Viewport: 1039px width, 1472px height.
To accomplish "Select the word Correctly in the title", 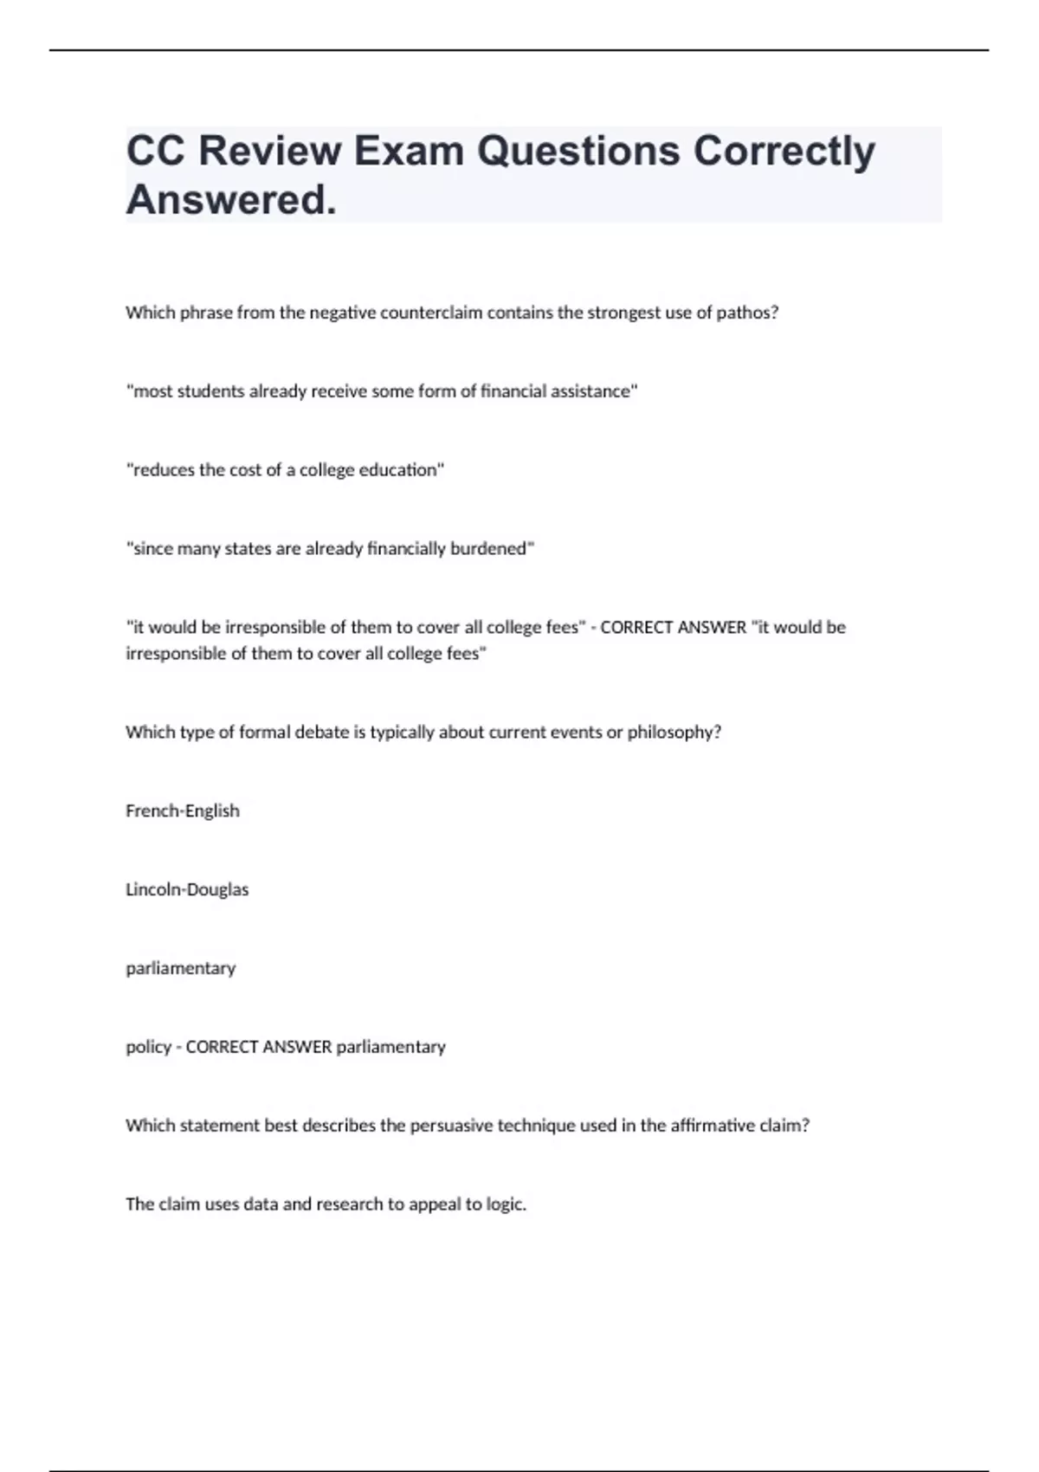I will pyautogui.click(x=784, y=151).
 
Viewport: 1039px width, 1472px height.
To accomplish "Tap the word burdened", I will pyautogui.click(x=489, y=549).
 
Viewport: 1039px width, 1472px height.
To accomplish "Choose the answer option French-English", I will pyautogui.click(x=183, y=811).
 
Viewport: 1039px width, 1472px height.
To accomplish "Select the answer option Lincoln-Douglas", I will pyautogui.click(x=187, y=889).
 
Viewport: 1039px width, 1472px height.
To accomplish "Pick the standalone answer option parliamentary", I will pyautogui.click(x=180, y=968).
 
